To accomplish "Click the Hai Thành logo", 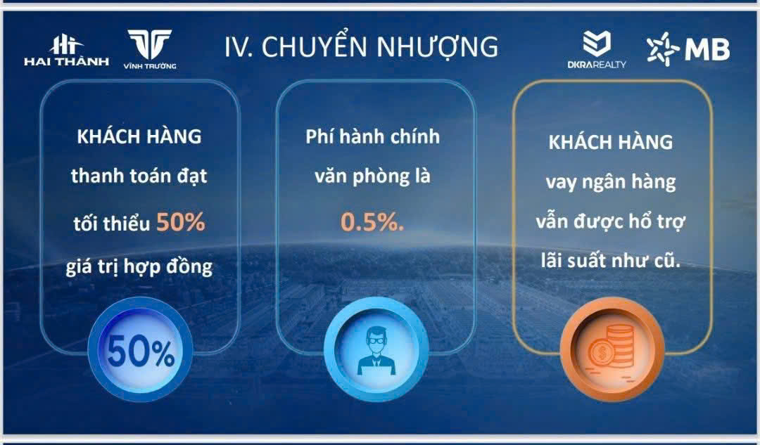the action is [x=66, y=51].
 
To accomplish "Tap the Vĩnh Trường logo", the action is [x=150, y=49].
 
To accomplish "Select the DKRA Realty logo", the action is [x=597, y=49].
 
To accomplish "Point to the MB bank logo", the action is [x=688, y=49].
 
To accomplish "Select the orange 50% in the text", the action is [x=181, y=222].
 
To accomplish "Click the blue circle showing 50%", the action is [x=141, y=349].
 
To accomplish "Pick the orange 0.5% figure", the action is [x=372, y=221].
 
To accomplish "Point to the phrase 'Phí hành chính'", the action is [x=373, y=137].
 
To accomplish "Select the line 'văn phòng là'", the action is [x=373, y=176].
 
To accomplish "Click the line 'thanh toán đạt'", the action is [x=139, y=176].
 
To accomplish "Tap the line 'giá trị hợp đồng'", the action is [x=139, y=267].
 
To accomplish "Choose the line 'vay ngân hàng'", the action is [x=611, y=183].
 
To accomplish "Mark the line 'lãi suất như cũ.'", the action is [x=611, y=261].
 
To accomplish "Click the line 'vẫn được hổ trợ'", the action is [x=611, y=221].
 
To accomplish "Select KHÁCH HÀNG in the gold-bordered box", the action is [x=611, y=143].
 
